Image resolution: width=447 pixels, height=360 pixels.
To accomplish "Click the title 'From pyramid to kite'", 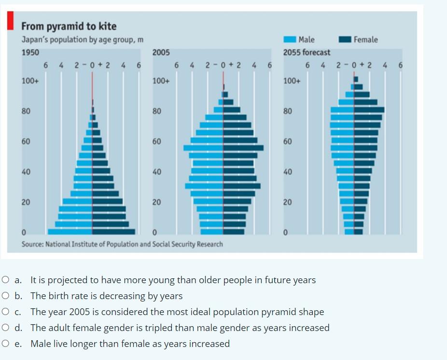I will point(69,26).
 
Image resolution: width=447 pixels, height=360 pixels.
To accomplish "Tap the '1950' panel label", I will point(30,52).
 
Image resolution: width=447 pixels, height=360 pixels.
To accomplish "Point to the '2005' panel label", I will point(161,52).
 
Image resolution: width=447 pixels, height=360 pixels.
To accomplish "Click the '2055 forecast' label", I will point(307,52).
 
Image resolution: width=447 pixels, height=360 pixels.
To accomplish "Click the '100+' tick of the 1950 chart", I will point(30,81).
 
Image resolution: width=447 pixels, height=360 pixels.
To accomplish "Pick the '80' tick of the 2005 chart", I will point(156,111).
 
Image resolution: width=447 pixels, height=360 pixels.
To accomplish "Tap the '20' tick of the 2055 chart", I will point(287,202).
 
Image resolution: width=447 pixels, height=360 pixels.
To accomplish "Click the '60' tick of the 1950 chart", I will point(26,142).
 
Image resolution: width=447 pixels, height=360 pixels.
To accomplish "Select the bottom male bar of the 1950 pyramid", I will point(70,231).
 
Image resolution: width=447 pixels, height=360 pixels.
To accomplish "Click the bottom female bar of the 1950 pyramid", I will point(113,231).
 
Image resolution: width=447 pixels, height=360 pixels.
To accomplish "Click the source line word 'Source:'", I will point(33,244).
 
